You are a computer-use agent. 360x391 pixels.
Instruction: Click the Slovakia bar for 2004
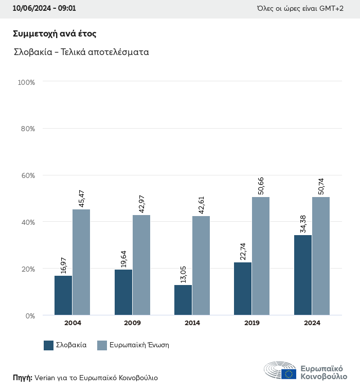[x=63, y=295]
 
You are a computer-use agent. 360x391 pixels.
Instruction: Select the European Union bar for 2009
[x=141, y=265]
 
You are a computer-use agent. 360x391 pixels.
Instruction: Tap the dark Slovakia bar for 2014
[x=183, y=300]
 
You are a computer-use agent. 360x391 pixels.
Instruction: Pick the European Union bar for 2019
[x=261, y=256]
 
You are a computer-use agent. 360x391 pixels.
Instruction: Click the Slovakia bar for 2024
[x=303, y=275]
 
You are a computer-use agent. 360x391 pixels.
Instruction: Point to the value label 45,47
[x=81, y=199]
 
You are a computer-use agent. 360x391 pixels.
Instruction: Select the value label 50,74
[x=321, y=186]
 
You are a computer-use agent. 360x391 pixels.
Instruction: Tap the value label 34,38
[x=303, y=224]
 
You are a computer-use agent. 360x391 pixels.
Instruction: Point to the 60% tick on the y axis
[x=28, y=175]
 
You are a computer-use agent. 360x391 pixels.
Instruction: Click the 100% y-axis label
[x=26, y=82]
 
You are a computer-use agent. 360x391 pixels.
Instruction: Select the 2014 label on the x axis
[x=192, y=323]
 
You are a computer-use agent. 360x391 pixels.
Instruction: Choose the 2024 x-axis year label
[x=312, y=323]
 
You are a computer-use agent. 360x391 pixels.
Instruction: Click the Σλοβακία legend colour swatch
[x=49, y=345]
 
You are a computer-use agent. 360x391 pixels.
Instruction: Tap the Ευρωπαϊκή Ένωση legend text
[x=139, y=345]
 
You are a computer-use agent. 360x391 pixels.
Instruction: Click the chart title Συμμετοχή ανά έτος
[x=55, y=33]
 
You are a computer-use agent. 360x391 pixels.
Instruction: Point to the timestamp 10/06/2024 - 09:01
[x=44, y=9]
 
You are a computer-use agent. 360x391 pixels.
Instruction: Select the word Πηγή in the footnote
[x=22, y=378]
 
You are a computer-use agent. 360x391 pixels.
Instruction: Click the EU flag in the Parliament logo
[x=289, y=374]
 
